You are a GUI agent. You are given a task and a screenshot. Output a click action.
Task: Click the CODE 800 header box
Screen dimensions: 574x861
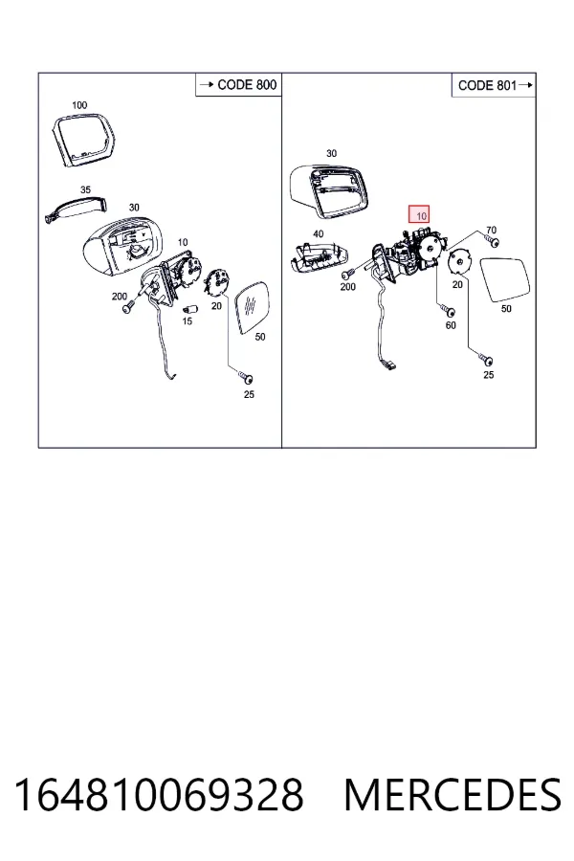[238, 84]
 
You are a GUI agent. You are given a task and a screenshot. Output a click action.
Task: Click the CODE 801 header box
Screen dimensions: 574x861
[494, 85]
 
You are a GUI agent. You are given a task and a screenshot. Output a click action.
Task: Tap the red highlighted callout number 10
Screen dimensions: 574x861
[421, 215]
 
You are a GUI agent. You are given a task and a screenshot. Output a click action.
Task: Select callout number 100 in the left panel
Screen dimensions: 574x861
[79, 105]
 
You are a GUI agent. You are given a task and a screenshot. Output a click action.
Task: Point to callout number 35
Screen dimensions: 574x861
[85, 189]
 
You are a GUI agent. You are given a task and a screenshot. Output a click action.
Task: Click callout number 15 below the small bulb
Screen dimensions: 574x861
[188, 320]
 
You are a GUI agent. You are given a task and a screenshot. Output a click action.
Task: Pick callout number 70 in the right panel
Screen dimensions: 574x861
[491, 230]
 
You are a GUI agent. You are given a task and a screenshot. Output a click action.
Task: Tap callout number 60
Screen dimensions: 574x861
[451, 325]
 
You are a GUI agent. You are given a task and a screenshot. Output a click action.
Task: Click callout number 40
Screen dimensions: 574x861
[318, 234]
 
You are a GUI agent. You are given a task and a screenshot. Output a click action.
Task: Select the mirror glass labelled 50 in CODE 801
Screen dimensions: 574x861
[505, 280]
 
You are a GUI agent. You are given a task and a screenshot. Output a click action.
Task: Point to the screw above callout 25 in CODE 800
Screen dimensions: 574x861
[246, 377]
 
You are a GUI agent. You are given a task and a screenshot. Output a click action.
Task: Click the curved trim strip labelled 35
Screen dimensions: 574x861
[76, 209]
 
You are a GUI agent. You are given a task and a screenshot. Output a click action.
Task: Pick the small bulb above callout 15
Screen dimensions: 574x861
[188, 308]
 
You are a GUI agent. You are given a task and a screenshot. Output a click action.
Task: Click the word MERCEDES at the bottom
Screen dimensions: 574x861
[453, 794]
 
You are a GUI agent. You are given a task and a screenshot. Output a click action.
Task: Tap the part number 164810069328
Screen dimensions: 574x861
[159, 794]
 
